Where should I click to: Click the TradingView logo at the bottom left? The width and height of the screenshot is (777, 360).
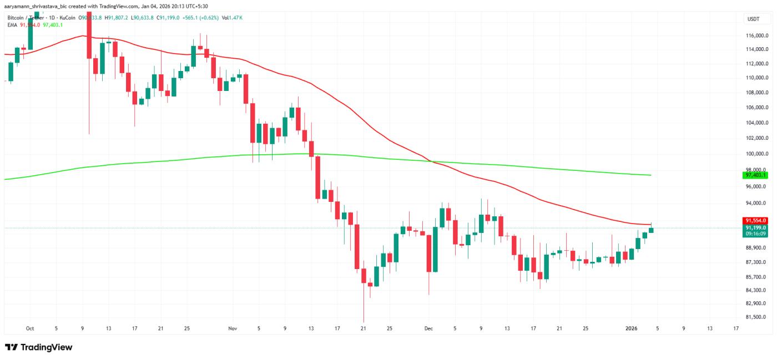pyautogui.click(x=39, y=347)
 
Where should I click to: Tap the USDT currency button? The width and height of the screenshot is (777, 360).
pyautogui.click(x=753, y=19)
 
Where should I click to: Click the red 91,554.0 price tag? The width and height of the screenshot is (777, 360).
pyautogui.click(x=755, y=220)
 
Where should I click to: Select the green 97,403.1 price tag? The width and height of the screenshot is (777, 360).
pyautogui.click(x=755, y=175)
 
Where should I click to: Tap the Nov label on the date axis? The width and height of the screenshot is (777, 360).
pyautogui.click(x=233, y=328)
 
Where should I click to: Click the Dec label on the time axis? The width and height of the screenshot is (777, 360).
pyautogui.click(x=428, y=328)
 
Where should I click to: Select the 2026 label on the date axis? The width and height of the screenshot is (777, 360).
pyautogui.click(x=634, y=328)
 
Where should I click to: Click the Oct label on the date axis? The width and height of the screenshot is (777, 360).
pyautogui.click(x=30, y=328)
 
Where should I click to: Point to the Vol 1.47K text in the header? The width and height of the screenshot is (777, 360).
pyautogui.click(x=232, y=18)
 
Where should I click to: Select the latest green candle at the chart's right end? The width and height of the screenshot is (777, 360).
pyautogui.click(x=651, y=230)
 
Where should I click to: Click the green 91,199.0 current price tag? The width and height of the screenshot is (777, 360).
pyautogui.click(x=755, y=227)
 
